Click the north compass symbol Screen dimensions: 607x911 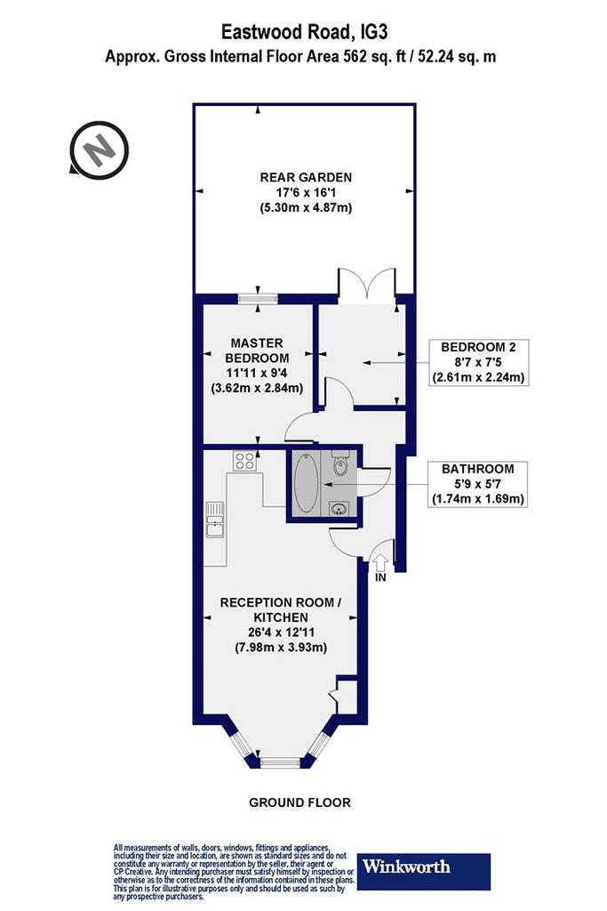point(99,149)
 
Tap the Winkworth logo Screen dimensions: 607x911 point(424,872)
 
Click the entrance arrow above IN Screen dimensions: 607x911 point(380,563)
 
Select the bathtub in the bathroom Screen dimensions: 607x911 point(306,483)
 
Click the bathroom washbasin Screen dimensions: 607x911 point(338,510)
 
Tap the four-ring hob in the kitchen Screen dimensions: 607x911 point(244,461)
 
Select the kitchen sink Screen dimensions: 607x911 point(216,520)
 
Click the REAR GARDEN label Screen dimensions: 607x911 point(306,177)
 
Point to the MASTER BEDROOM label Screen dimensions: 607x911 point(257,351)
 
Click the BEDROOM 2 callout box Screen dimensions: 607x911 point(478,363)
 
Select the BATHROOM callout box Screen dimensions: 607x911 point(478,484)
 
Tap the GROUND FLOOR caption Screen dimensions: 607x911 point(300,802)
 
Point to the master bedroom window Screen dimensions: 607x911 point(258,299)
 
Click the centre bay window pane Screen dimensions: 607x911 point(280,762)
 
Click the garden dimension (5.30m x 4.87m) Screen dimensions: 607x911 point(306,207)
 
